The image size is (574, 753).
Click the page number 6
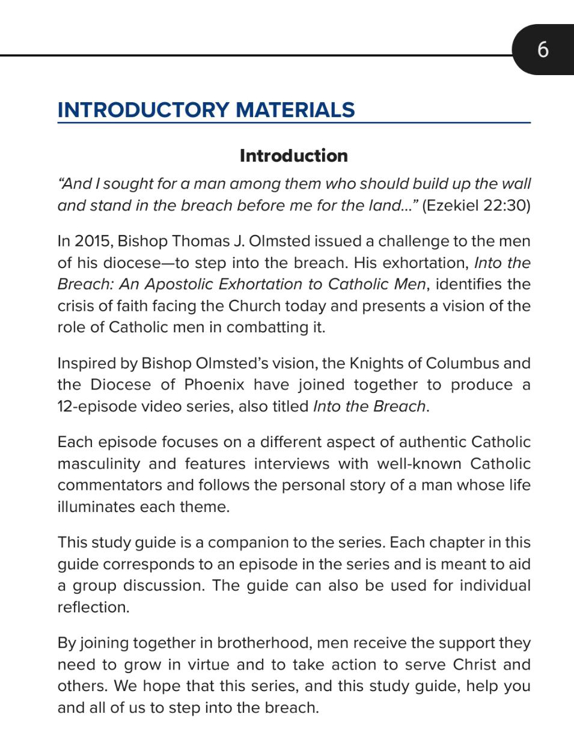(x=543, y=49)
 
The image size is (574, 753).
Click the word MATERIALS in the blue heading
(x=295, y=110)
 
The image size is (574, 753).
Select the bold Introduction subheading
(x=293, y=156)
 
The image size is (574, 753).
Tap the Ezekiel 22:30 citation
(x=476, y=206)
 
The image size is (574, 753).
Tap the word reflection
(x=93, y=607)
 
